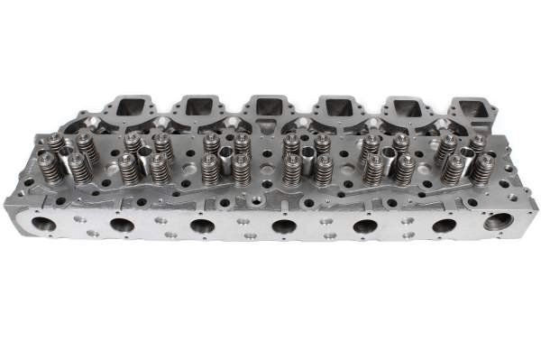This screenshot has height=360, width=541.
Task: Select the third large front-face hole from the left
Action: tap(203, 226)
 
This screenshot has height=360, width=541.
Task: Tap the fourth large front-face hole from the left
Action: tap(284, 226)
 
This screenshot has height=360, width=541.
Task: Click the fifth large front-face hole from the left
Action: tap(365, 226)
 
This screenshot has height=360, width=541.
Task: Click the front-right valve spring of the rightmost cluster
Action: tap(483, 169)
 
